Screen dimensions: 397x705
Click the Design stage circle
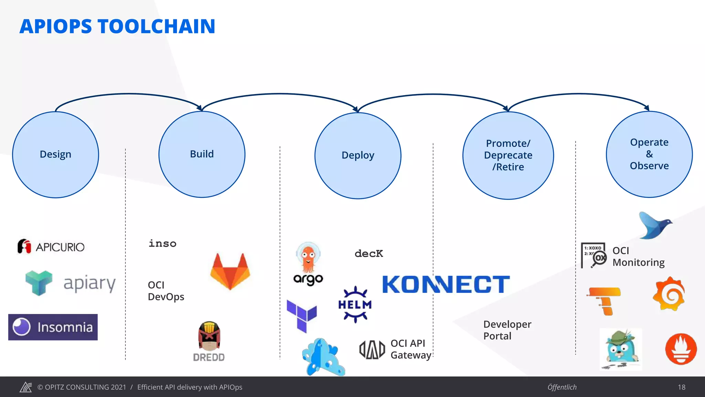[x=55, y=154]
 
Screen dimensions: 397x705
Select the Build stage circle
[x=202, y=154]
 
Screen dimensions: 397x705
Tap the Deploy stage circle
[x=358, y=155]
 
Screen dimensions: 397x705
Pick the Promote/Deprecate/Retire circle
[x=508, y=155]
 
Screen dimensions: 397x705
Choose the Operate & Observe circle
[x=649, y=154]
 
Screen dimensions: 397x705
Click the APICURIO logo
[x=51, y=247]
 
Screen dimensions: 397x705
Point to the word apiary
[x=90, y=284]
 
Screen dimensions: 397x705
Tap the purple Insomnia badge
[x=53, y=327]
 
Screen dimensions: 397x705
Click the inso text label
[x=162, y=244]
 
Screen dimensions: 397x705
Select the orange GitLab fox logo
[x=230, y=271]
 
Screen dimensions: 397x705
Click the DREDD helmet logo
[x=209, y=341]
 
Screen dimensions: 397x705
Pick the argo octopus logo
[x=308, y=264]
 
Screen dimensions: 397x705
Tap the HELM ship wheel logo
[x=355, y=305]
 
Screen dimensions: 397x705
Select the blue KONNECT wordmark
[x=446, y=284]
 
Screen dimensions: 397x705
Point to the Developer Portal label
[x=507, y=330]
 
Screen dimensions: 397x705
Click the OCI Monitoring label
[x=638, y=257]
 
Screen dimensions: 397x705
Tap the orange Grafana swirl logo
[x=669, y=294]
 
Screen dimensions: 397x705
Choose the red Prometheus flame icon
[x=681, y=349]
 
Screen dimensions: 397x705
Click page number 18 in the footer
[x=682, y=387]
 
